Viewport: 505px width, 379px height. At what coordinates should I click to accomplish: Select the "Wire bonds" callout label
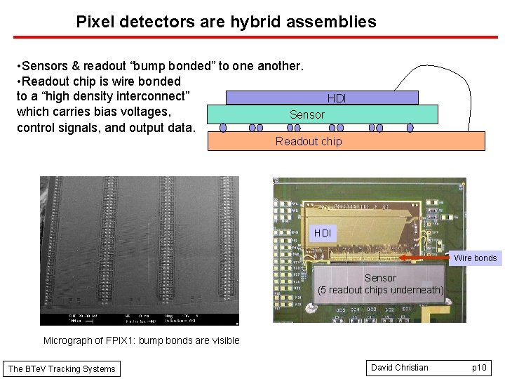pyautogui.click(x=475, y=258)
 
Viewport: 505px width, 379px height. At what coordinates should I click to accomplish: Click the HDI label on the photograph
pyautogui.click(x=323, y=232)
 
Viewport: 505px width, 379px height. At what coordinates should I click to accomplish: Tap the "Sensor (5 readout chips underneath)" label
pyautogui.click(x=380, y=284)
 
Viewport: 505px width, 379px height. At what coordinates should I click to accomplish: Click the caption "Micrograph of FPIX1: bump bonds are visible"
pyautogui.click(x=141, y=340)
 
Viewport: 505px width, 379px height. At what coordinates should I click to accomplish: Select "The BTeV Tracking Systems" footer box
pyautogui.click(x=61, y=368)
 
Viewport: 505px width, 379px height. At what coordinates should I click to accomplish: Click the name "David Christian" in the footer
pyautogui.click(x=400, y=368)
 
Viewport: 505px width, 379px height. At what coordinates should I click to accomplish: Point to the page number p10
pyautogui.click(x=479, y=368)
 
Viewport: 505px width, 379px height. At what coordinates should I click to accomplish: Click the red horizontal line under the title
pyautogui.click(x=252, y=37)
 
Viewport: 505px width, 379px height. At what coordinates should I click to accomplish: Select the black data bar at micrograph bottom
pyautogui.click(x=139, y=319)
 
